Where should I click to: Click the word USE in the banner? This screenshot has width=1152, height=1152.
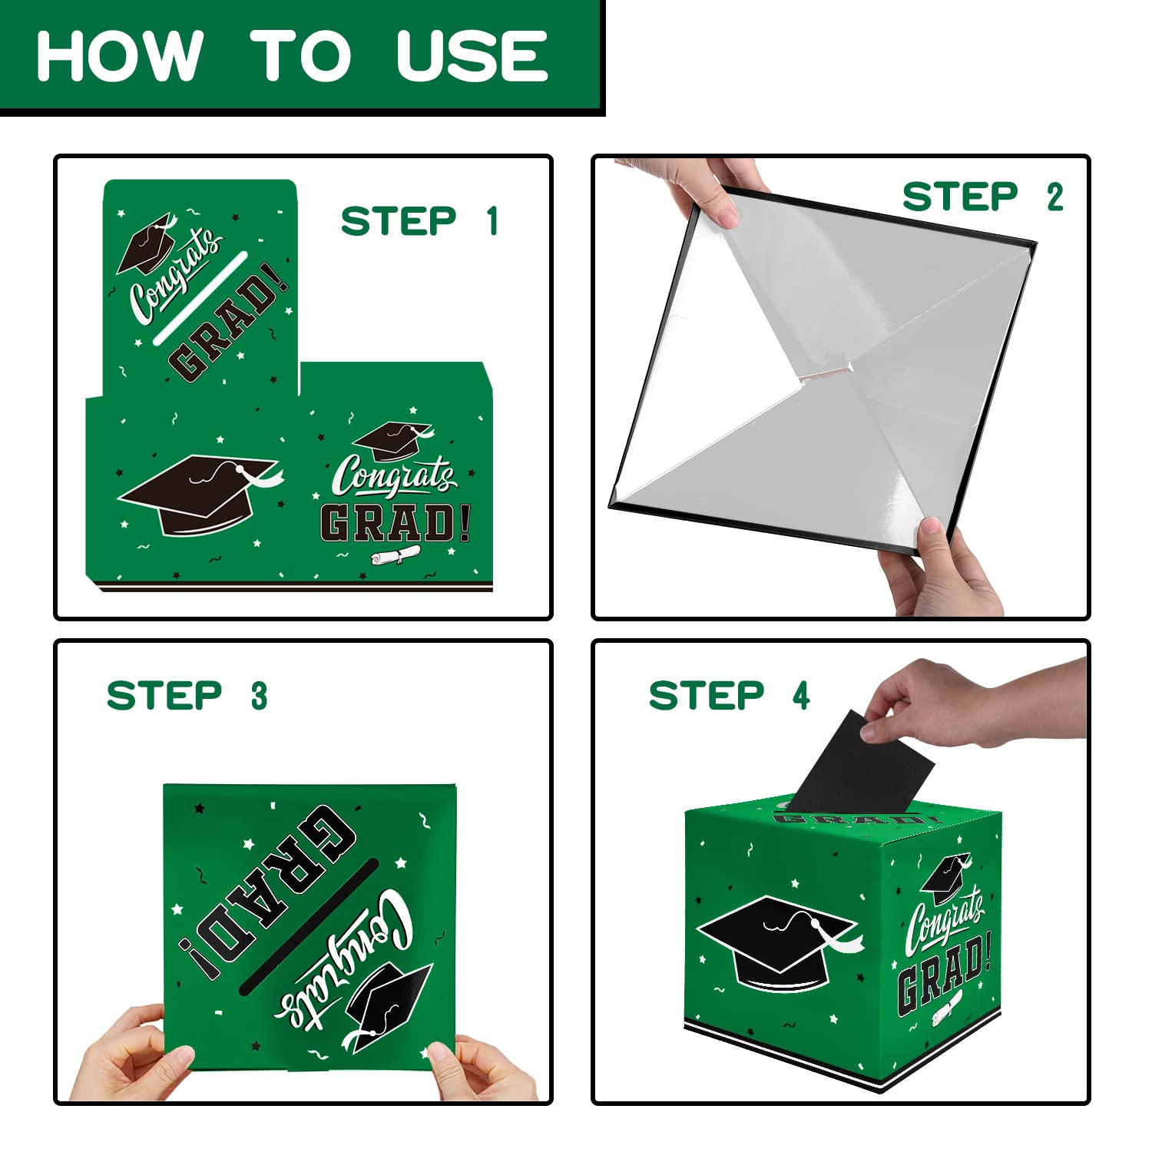pyautogui.click(x=472, y=55)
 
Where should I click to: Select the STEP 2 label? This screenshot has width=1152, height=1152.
pyautogui.click(x=983, y=197)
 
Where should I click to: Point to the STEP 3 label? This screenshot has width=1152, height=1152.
pyautogui.click(x=187, y=695)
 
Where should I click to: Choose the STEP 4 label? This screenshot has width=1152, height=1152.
pyautogui.click(x=730, y=695)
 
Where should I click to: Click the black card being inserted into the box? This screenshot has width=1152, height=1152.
pyautogui.click(x=860, y=764)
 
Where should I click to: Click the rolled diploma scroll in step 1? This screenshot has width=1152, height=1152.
pyautogui.click(x=396, y=554)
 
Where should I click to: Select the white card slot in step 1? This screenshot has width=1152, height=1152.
pyautogui.click(x=200, y=298)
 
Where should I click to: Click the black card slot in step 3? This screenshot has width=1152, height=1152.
pyautogui.click(x=309, y=925)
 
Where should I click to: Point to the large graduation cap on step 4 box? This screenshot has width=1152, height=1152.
pyautogui.click(x=776, y=941)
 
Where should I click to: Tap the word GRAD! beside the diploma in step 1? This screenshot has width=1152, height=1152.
pyautogui.click(x=396, y=522)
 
